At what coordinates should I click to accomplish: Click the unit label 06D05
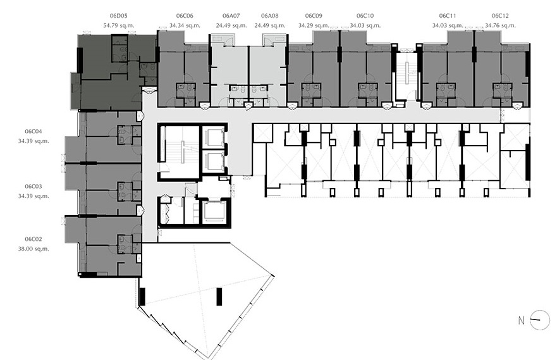click(119, 16)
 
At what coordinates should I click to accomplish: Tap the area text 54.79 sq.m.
click(119, 25)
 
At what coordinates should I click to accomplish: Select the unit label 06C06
click(185, 16)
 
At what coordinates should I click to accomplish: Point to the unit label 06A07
click(231, 16)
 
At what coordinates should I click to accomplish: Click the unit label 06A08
click(270, 16)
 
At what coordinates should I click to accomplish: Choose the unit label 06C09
click(314, 16)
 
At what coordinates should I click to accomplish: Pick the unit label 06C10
click(365, 16)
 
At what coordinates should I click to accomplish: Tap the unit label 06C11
click(448, 16)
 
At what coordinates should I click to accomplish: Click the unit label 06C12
click(500, 16)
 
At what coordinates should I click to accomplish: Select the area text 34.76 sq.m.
click(500, 25)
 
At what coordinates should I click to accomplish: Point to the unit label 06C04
click(34, 131)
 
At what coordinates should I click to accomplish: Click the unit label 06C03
click(34, 186)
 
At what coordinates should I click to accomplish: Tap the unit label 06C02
click(34, 239)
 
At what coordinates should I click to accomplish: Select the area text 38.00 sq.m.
click(34, 249)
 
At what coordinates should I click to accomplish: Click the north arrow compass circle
click(539, 320)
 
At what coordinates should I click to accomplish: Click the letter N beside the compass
click(521, 321)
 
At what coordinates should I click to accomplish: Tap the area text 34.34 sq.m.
click(185, 25)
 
